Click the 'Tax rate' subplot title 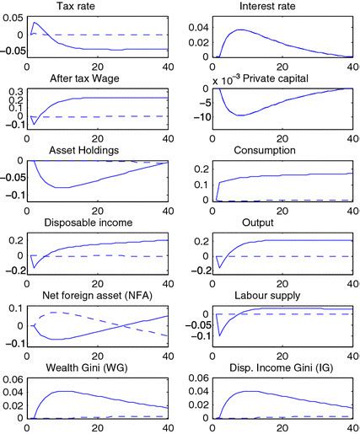[98, 7]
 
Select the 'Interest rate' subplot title [263, 7]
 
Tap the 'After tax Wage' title [97, 78]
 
